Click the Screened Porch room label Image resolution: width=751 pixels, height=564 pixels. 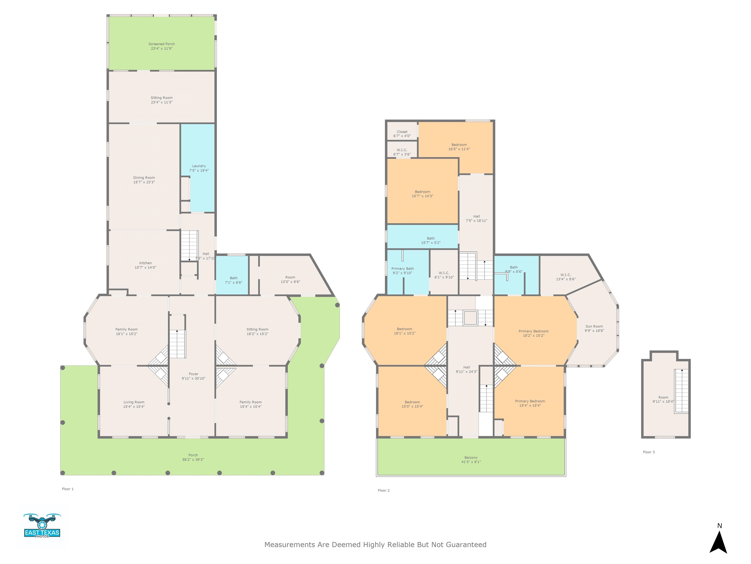[162, 44]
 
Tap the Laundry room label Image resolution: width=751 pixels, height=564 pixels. [199, 166]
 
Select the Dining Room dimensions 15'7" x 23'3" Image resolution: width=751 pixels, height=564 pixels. [144, 182]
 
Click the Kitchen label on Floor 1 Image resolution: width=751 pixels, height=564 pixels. [145, 263]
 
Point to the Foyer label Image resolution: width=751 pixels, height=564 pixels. [194, 374]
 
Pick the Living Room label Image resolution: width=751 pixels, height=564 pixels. [134, 402]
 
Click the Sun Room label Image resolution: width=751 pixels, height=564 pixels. [594, 326]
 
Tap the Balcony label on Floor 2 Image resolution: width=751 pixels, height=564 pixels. [471, 458]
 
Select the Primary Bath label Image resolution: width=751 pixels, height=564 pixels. [403, 269]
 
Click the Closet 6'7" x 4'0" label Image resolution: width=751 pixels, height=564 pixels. [402, 134]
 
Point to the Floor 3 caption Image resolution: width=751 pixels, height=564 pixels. [649, 452]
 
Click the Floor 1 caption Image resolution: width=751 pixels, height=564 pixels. [67, 489]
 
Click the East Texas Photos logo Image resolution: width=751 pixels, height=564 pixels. [42, 526]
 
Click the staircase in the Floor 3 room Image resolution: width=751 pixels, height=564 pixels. [681, 391]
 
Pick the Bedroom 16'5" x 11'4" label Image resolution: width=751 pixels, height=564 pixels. [459, 147]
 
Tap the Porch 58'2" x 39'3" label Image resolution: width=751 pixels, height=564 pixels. [193, 457]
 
